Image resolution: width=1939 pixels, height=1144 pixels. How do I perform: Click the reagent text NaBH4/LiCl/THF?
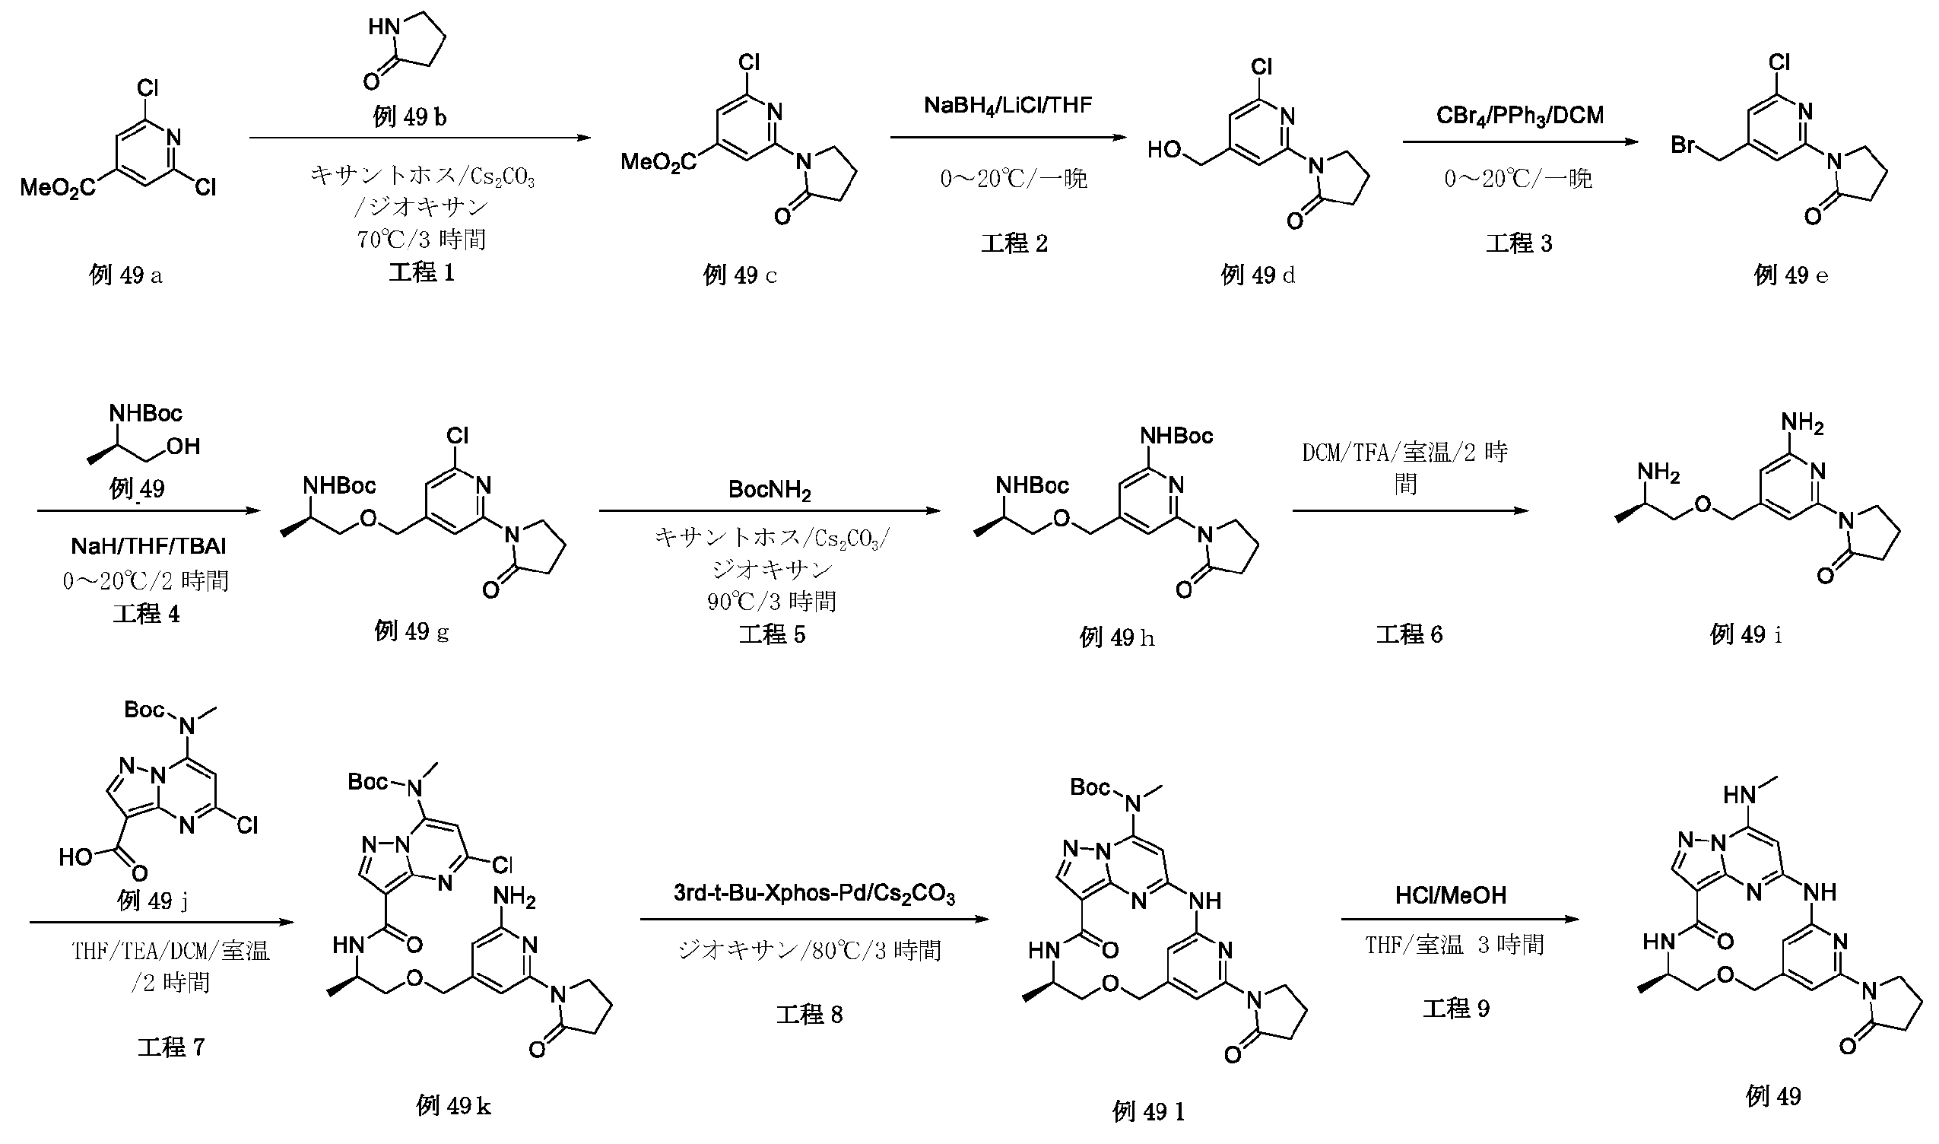[x=1008, y=105]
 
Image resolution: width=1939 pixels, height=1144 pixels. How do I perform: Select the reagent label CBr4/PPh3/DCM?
[x=1520, y=116]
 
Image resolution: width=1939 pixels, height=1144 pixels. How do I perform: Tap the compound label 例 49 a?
[x=125, y=275]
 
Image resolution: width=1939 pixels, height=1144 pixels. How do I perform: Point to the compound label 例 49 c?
[x=739, y=275]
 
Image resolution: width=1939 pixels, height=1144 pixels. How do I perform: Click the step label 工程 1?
[x=421, y=272]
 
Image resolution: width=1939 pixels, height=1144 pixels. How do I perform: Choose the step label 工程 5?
[x=772, y=634]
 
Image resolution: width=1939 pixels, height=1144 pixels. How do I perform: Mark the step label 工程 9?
[x=1456, y=1009]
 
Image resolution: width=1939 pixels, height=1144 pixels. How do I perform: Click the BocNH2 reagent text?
[x=769, y=491]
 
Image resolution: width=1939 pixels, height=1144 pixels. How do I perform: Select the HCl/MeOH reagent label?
[x=1450, y=895]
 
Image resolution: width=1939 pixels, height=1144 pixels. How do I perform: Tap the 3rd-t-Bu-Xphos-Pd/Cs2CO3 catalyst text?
[x=814, y=894]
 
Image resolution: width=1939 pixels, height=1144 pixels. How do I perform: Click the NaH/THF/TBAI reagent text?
[x=149, y=547]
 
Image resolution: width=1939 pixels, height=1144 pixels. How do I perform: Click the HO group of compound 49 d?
[x=1164, y=150]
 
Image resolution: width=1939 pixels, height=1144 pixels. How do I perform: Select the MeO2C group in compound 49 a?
[x=58, y=187]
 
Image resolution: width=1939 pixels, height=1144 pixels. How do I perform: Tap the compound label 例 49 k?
[x=453, y=1105]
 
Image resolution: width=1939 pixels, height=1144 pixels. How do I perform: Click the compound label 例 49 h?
[x=1117, y=637]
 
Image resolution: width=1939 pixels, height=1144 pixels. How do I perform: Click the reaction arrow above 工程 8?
[x=814, y=920]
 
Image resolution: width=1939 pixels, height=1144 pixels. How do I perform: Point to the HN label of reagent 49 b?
[x=383, y=27]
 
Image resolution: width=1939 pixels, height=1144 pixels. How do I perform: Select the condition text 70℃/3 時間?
[x=421, y=240]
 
